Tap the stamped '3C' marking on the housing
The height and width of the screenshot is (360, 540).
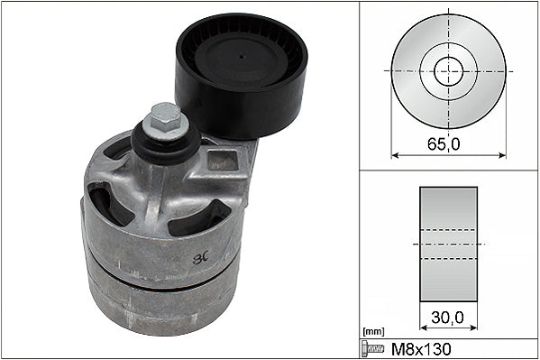click(201, 258)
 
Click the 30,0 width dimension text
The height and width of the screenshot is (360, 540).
click(448, 318)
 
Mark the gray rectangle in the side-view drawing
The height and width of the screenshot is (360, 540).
click(448, 245)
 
